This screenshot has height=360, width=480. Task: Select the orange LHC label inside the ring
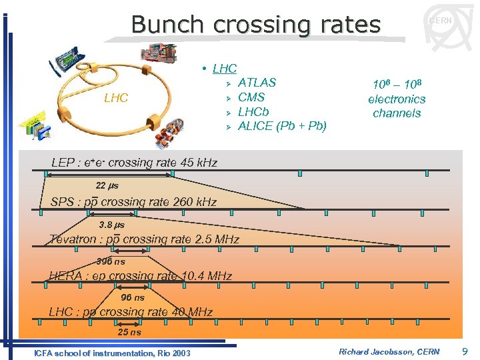[116, 98]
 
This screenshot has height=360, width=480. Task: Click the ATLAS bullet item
[257, 83]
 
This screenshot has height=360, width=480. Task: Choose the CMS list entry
[251, 97]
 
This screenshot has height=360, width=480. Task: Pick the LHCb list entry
[253, 111]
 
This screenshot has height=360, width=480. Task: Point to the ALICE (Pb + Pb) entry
[282, 126]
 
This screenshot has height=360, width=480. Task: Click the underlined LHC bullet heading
[224, 68]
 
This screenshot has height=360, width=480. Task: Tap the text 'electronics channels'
[397, 106]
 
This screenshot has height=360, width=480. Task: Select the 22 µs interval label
[107, 185]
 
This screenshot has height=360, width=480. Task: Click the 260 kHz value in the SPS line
[193, 201]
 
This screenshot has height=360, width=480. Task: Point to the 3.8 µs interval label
[111, 225]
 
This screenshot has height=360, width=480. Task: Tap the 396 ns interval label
[111, 261]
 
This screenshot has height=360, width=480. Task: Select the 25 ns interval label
[129, 332]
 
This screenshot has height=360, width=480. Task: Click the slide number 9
[464, 351]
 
